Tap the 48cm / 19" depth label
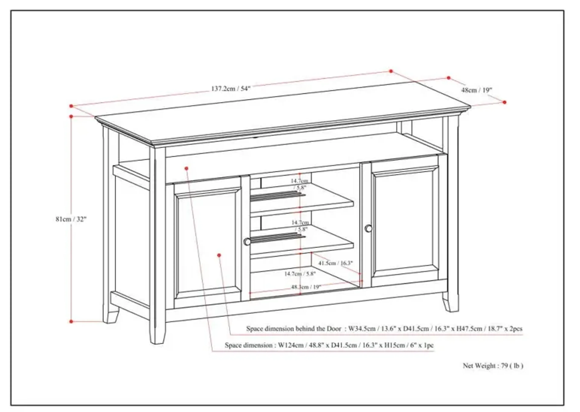coord(476,90)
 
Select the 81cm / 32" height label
coord(71,219)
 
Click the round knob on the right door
coord(369,229)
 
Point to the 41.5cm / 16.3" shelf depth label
coord(335,263)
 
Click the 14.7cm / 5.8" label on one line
coord(300,274)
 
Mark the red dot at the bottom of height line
coord(71,321)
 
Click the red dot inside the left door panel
coord(219,255)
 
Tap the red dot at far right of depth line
coord(504,102)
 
